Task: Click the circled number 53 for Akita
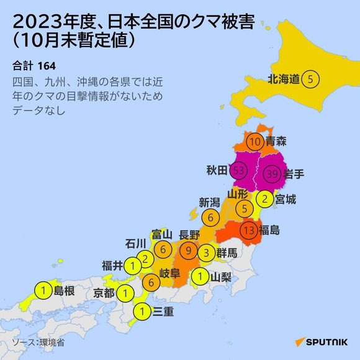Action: click(238, 170)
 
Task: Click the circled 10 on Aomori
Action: click(255, 142)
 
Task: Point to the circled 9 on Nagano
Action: click(189, 251)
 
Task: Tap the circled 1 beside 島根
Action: click(43, 289)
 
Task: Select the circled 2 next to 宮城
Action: click(265, 199)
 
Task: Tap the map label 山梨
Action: click(222, 276)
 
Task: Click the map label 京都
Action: click(104, 292)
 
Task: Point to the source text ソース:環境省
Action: click(38, 341)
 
